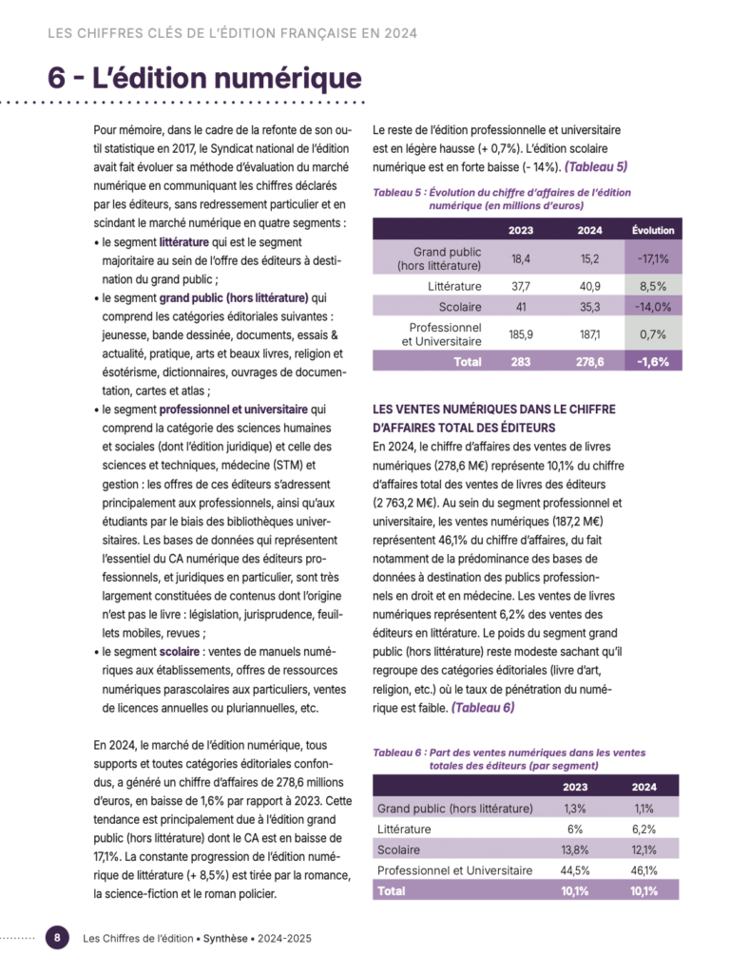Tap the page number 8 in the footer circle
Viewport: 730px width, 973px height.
pos(58,937)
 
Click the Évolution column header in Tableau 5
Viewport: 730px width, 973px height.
pos(653,230)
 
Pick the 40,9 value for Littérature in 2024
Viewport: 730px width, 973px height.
pos(589,286)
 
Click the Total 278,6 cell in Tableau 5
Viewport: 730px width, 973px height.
pos(589,362)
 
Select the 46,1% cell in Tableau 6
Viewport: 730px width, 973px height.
pos(644,870)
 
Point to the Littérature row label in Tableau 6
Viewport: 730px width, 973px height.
pos(404,830)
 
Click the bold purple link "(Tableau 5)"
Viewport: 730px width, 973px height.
pos(596,167)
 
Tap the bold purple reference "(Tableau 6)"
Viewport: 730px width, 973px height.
pos(483,708)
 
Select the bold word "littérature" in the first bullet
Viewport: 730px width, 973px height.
pos(183,243)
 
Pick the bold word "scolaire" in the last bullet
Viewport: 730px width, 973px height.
pos(180,654)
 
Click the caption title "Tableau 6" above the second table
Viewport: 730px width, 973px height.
pos(397,753)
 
